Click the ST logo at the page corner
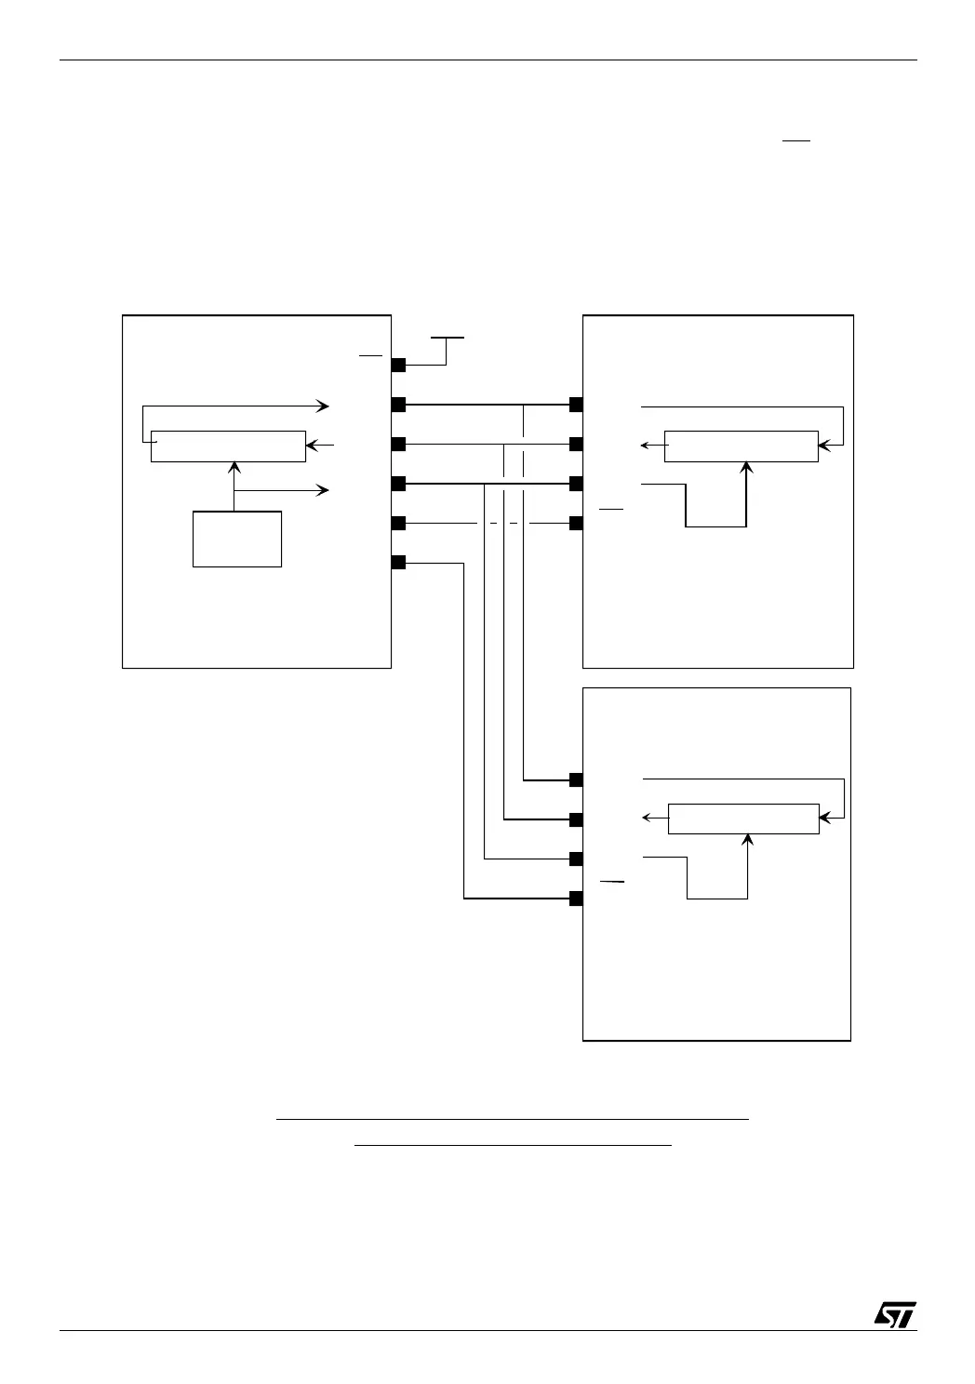[895, 1313]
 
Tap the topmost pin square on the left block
[398, 365]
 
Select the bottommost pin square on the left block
[398, 562]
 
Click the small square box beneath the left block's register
[237, 539]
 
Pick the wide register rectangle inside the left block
[228, 446]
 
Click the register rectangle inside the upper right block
[741, 446]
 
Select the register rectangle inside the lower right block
[743, 818]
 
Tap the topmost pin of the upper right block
[576, 405]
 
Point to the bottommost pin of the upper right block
[576, 523]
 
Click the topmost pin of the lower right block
[576, 779]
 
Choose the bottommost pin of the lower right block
[576, 898]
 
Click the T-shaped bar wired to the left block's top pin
[447, 339]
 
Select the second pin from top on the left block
[398, 405]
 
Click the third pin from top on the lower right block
[576, 858]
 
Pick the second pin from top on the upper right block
[576, 444]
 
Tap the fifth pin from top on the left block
[398, 523]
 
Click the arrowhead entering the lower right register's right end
[823, 818]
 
